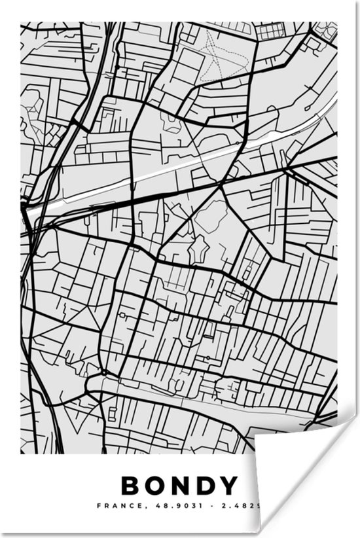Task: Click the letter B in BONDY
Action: [131, 486]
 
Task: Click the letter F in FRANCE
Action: [99, 506]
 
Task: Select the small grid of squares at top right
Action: [268, 31]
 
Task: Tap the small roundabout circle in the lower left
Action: [103, 374]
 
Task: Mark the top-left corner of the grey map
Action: [21, 24]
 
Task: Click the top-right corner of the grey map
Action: [337, 24]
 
